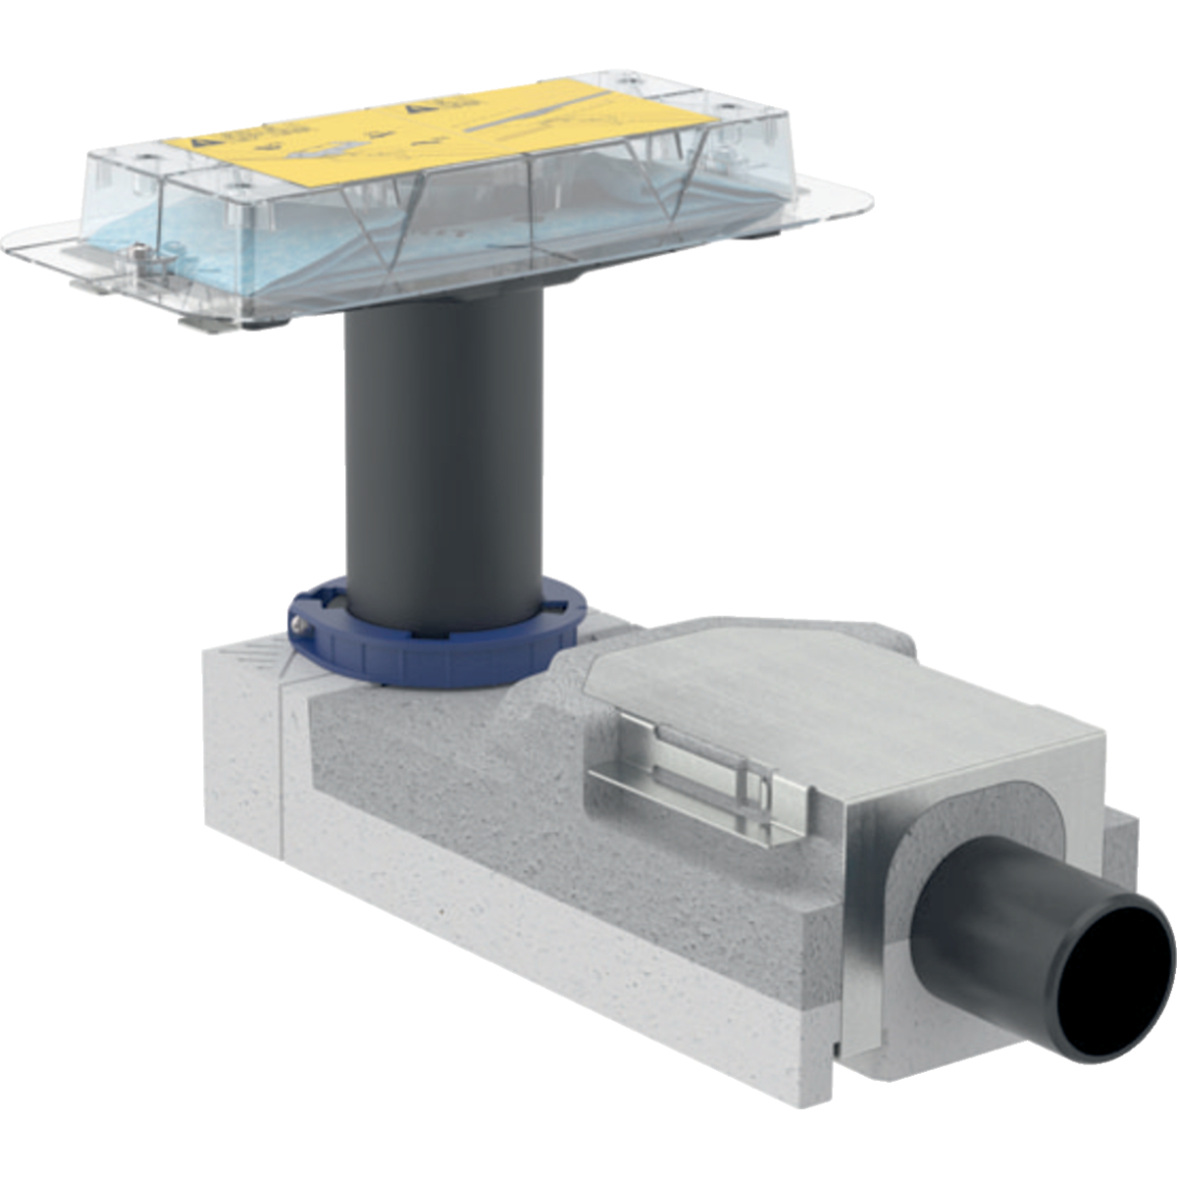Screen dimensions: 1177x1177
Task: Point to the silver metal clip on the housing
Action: coord(696,775)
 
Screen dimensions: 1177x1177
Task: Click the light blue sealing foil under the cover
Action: coord(196,235)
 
